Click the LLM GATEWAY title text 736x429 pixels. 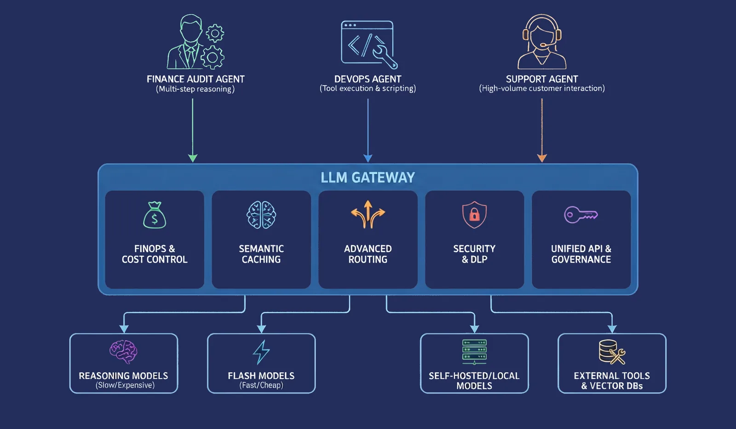coord(368,177)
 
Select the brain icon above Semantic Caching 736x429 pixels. coord(261,215)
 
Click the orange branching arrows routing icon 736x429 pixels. coord(368,214)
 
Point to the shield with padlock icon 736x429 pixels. coord(474,214)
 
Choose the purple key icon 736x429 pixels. coord(581,215)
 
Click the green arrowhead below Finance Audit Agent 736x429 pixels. coord(193,158)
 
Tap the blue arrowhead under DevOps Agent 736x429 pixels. coord(368,158)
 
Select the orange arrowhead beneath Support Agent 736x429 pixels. coord(542,158)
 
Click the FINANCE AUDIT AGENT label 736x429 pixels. coord(195,79)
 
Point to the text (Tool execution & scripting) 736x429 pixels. coord(368,88)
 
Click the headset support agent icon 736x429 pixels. coord(542,41)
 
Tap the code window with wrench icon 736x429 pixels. coord(368,45)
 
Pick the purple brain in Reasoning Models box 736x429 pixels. coord(123,352)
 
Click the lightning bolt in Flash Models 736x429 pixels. coord(261,352)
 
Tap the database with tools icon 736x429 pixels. coord(612,352)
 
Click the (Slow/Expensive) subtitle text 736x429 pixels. coord(125,385)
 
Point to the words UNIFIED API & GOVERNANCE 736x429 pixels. coord(581,254)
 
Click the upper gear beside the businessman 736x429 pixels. coord(215,33)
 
